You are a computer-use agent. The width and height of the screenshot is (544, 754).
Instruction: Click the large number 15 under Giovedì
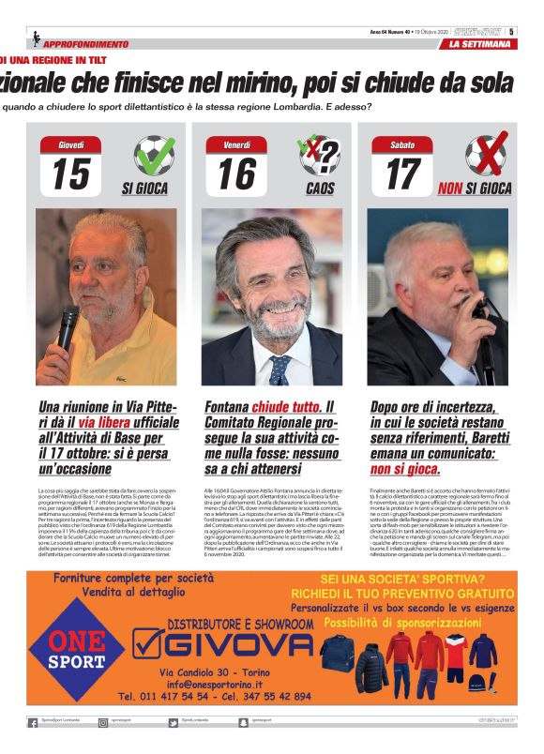coord(71,174)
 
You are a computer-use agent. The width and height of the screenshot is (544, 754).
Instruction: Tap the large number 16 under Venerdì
coord(236,174)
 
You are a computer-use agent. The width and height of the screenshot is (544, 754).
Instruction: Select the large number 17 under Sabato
coord(402,174)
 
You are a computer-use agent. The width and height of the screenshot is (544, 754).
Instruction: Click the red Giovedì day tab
coord(71,145)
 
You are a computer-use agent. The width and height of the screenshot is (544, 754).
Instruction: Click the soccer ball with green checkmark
coord(153,156)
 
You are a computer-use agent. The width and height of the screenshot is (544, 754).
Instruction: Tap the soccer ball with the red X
coord(485,156)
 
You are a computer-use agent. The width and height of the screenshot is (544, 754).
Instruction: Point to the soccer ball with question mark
coord(319,156)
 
